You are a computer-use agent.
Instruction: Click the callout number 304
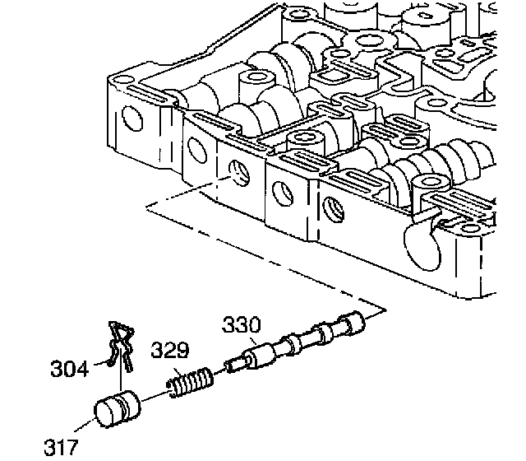(x=68, y=368)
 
